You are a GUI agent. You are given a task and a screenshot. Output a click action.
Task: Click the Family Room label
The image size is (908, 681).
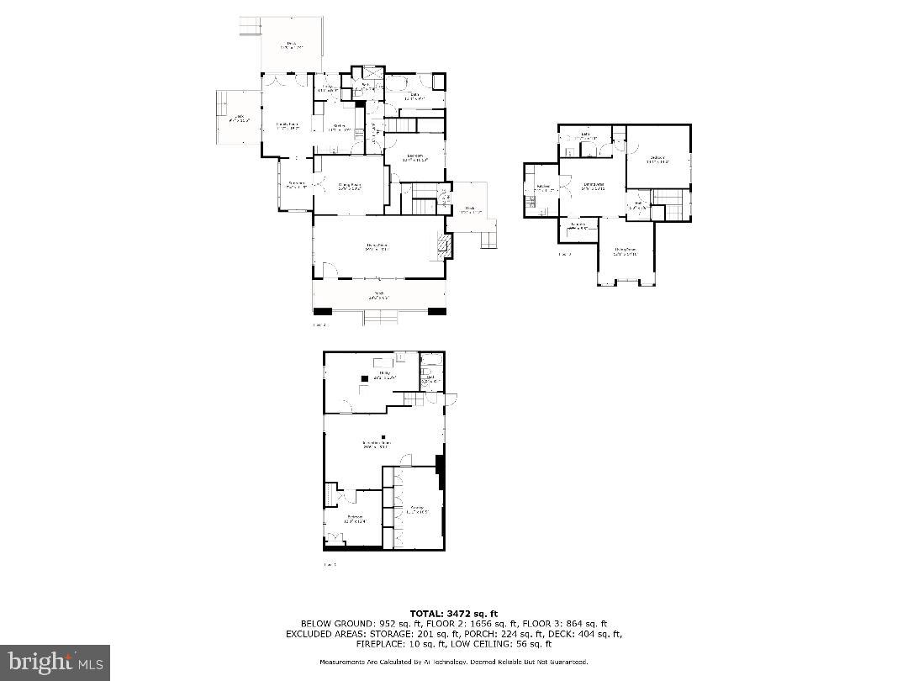pyautogui.click(x=288, y=126)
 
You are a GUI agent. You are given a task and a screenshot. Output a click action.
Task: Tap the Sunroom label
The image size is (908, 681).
pyautogui.click(x=296, y=184)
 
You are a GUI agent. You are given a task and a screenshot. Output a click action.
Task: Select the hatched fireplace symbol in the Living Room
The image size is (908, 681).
pyautogui.click(x=442, y=246)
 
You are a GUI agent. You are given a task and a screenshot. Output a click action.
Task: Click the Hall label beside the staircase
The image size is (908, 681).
pyautogui.click(x=638, y=204)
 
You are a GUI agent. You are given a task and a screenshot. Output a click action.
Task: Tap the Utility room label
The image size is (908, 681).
pyautogui.click(x=384, y=375)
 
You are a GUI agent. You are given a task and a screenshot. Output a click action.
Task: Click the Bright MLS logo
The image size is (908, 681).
pyautogui.click(x=55, y=663)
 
